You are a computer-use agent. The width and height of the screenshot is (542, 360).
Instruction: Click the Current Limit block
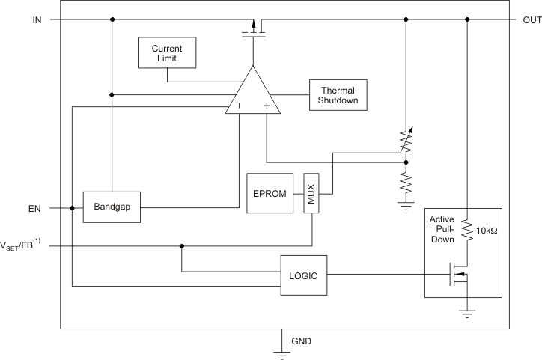point(167,52)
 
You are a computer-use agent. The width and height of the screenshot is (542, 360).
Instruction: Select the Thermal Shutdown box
point(338,95)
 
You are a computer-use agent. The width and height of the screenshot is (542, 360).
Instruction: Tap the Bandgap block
point(112,207)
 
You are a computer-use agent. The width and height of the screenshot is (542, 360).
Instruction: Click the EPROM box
point(270,193)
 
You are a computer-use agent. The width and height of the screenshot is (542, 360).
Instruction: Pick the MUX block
point(311,193)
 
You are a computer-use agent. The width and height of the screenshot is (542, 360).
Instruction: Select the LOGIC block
point(303,275)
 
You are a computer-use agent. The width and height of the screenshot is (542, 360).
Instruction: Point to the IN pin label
point(37,19)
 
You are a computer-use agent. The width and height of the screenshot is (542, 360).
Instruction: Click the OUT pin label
point(527,19)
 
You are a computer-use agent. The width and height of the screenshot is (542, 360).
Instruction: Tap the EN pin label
point(35,208)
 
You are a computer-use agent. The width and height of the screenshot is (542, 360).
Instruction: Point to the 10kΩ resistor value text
point(487,231)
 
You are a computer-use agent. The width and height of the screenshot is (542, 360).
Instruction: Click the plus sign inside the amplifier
point(266,107)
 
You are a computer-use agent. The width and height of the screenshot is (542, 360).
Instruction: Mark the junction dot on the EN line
point(72,208)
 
